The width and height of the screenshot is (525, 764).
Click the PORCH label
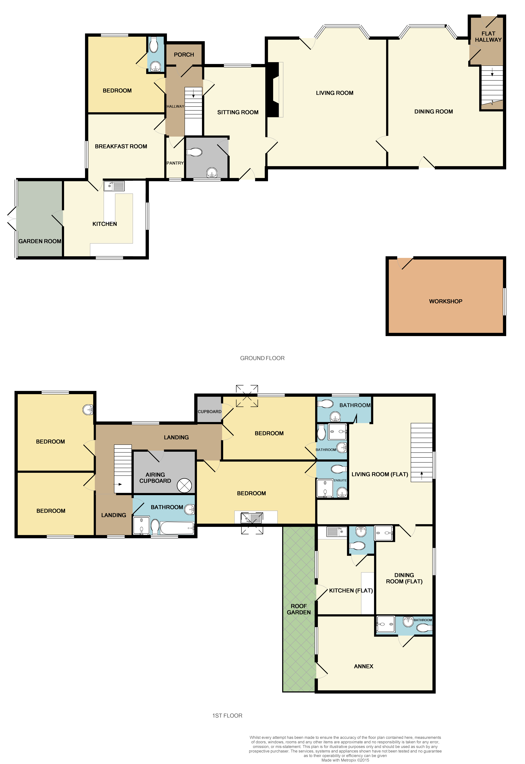(x=184, y=55)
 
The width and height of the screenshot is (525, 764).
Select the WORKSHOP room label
(x=445, y=301)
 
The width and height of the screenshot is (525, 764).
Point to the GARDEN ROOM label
(x=40, y=241)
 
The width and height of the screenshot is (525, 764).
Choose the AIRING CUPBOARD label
(x=155, y=478)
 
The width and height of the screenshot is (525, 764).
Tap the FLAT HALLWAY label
(x=488, y=37)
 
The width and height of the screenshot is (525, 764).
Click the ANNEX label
(x=363, y=666)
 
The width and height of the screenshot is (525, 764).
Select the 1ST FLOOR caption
(x=227, y=716)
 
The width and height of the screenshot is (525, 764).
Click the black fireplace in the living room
(x=272, y=89)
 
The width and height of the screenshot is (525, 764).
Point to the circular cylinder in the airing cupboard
(x=184, y=485)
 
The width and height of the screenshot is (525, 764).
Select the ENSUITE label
(x=340, y=480)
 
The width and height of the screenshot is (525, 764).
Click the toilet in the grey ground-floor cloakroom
(x=194, y=152)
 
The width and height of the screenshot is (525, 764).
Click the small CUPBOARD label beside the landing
(x=210, y=412)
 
